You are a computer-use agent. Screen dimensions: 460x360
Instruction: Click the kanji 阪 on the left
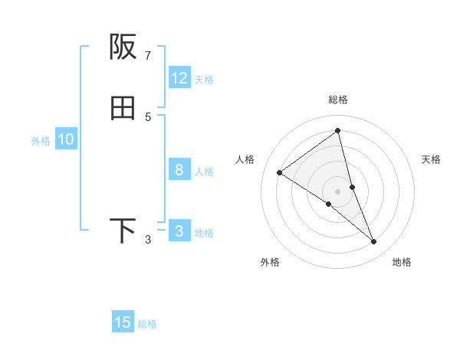(123, 47)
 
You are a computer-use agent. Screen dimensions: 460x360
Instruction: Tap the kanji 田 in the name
(123, 109)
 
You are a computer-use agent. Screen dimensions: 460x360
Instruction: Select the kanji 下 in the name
(123, 231)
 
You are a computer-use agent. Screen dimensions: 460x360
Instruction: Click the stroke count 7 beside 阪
(148, 55)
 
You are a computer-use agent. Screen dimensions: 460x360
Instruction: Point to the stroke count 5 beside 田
(148, 116)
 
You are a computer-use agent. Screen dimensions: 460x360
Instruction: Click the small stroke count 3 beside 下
(148, 240)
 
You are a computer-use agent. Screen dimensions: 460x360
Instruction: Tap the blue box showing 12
(179, 78)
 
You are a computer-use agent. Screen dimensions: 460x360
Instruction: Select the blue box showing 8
(179, 170)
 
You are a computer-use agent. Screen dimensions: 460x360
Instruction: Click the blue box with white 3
(179, 231)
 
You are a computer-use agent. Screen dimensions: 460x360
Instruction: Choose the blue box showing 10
(66, 139)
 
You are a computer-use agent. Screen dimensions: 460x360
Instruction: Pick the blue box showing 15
(123, 322)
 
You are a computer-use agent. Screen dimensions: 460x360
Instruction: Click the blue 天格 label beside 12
(204, 80)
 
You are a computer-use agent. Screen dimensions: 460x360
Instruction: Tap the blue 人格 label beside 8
(204, 172)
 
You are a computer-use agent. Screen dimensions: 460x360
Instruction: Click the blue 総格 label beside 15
(147, 324)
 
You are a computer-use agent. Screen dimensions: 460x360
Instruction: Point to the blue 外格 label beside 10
(41, 141)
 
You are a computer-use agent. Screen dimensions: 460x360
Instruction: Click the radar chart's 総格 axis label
(338, 100)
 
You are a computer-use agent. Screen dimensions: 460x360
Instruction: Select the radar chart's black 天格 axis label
(432, 159)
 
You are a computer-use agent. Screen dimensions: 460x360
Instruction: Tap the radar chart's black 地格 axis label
(402, 262)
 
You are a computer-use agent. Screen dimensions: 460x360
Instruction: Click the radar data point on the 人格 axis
(279, 172)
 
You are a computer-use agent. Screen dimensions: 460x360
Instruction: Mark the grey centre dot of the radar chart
(338, 191)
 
